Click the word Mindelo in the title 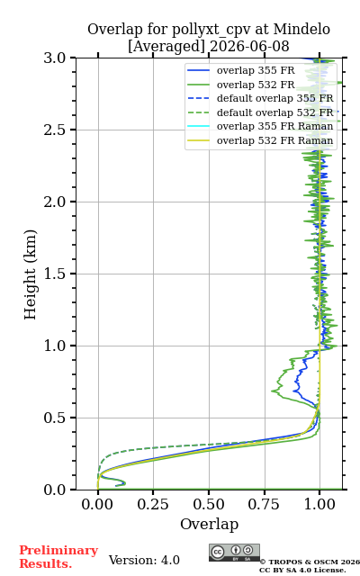[x=302, y=30]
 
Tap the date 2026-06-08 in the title [x=249, y=47]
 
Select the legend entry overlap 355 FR [x=256, y=70]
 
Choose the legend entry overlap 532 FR [x=256, y=85]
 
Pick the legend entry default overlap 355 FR [x=275, y=98]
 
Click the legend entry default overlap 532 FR [x=275, y=112]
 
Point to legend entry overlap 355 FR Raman [x=275, y=126]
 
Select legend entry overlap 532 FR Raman [x=275, y=140]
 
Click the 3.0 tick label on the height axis [x=55, y=58]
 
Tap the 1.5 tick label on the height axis [x=55, y=274]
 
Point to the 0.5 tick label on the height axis [x=55, y=418]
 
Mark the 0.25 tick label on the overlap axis [x=153, y=504]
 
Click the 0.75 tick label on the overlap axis [x=264, y=504]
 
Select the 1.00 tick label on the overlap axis [x=319, y=504]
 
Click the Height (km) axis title [x=30, y=274]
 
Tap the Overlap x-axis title [x=210, y=524]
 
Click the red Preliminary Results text [x=58, y=557]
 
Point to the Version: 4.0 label [x=144, y=560]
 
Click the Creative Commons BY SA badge [x=234, y=553]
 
